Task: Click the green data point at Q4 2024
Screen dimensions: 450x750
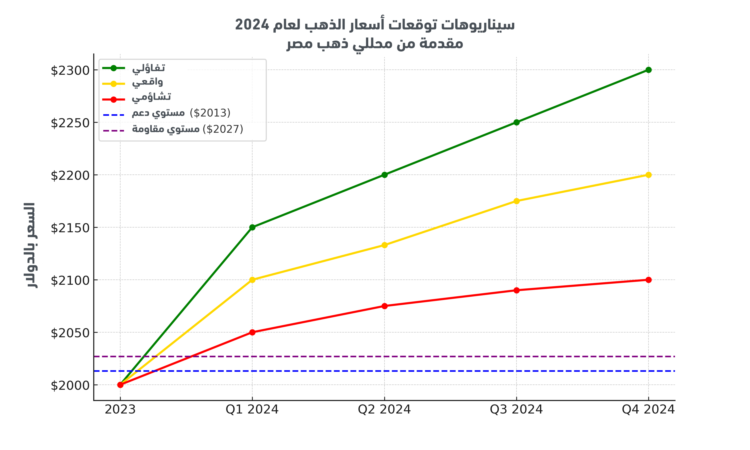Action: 648,70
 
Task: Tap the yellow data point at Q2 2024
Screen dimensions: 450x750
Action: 384,245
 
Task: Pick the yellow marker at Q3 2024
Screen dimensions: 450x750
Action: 516,201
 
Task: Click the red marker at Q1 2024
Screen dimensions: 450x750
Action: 252,332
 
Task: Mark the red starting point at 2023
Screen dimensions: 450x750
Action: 120,385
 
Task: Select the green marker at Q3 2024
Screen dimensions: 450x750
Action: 516,122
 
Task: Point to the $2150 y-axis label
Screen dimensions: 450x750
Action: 70,228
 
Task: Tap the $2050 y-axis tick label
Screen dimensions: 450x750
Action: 70,333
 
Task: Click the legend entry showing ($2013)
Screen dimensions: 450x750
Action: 181,113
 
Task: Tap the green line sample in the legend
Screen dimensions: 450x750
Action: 114,68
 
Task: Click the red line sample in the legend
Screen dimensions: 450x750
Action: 114,99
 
